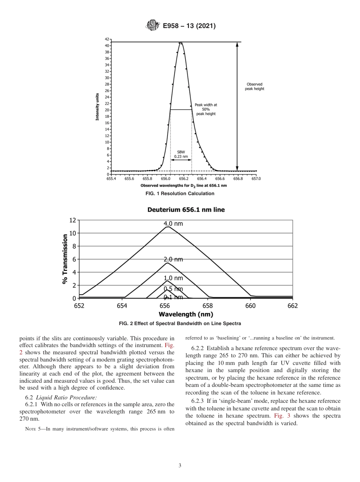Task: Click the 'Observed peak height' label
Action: [254, 86]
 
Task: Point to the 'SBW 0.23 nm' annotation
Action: [181, 153]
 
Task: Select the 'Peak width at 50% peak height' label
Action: [206, 109]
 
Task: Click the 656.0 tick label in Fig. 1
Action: [166, 178]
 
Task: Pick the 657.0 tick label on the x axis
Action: [257, 178]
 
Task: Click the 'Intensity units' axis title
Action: [97, 106]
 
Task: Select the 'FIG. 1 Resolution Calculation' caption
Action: [180, 194]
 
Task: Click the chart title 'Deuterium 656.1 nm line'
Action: [186, 210]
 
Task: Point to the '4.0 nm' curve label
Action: [173, 224]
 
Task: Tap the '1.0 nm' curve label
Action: [173, 278]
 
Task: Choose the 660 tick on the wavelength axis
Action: [250, 306]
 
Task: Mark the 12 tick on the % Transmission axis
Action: [72, 220]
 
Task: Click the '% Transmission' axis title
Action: [65, 259]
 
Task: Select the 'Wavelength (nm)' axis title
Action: [186, 314]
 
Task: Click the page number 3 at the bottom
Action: [180, 465]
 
